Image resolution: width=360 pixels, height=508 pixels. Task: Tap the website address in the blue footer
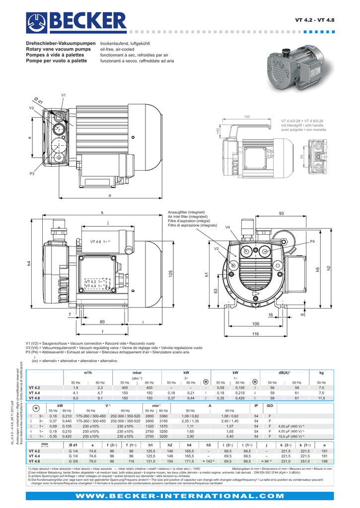pos(179,495)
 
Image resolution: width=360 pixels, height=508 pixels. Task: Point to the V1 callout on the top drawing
pos(63,95)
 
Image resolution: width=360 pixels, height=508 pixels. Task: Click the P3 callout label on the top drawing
pos(32,174)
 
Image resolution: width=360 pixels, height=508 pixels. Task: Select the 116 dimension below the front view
pos(255,335)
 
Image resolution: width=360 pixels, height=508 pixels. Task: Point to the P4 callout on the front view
pos(312,241)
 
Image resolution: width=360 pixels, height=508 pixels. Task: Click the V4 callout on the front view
pos(228,227)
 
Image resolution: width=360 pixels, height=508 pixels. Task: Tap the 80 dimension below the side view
pos(102,321)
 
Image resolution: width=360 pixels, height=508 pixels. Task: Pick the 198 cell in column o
pos(324,461)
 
